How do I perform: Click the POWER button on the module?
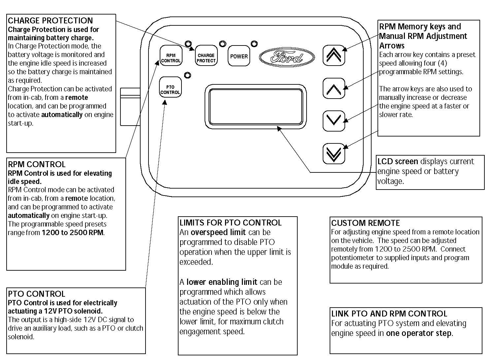[x=239, y=56]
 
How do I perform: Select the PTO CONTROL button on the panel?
[x=170, y=90]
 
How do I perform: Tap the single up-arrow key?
[x=334, y=89]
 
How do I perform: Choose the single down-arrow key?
[x=334, y=121]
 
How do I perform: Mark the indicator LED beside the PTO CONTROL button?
[x=187, y=75]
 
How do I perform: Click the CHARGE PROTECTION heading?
[x=50, y=21]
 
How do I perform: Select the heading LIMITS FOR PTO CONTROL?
[x=230, y=223]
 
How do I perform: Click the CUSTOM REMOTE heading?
[x=365, y=223]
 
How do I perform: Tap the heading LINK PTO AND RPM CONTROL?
[x=389, y=314]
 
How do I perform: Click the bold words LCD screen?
[x=398, y=162]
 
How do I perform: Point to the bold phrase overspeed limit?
[x=218, y=232]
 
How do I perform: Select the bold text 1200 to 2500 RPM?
[x=73, y=233]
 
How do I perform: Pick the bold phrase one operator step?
[x=419, y=333]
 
